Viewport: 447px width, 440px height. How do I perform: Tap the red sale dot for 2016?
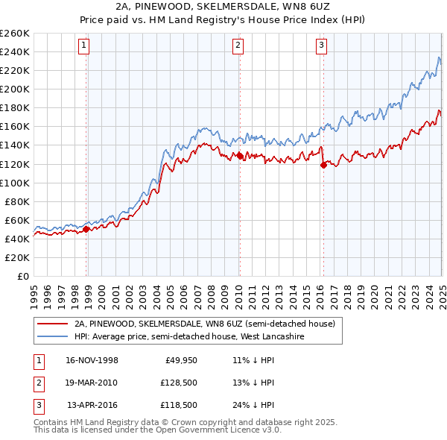pos(323,166)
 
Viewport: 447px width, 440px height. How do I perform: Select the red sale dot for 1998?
pos(86,229)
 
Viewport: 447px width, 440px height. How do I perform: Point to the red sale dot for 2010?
pos(240,156)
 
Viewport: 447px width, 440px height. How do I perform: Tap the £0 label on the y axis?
pos(22,276)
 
